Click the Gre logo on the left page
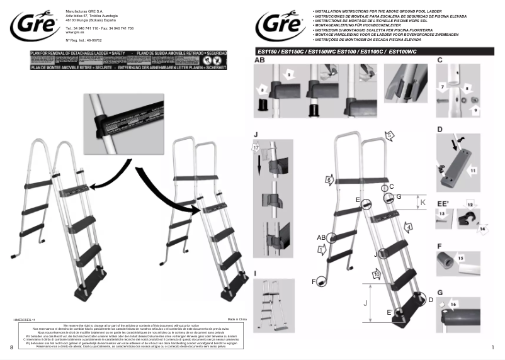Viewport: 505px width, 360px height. coord(32,26)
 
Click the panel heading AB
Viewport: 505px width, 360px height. coord(259,61)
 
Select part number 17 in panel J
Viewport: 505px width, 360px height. coord(256,147)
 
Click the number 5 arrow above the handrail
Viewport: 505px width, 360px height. coord(390,135)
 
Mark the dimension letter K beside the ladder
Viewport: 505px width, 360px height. coord(423,203)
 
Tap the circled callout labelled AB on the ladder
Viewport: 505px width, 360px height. coord(321,237)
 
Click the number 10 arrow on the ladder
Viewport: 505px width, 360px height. coord(376,274)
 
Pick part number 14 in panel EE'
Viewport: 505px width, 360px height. coord(484,230)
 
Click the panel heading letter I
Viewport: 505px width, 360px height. coord(255,273)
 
